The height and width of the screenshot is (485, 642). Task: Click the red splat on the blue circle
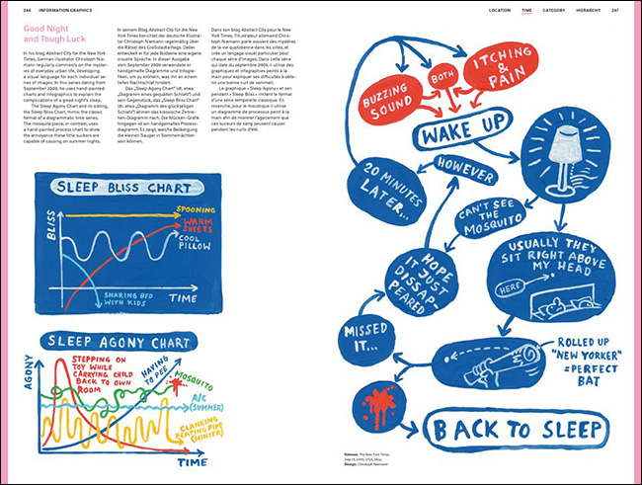(x=374, y=408)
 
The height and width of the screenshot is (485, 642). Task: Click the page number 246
(x=15, y=10)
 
